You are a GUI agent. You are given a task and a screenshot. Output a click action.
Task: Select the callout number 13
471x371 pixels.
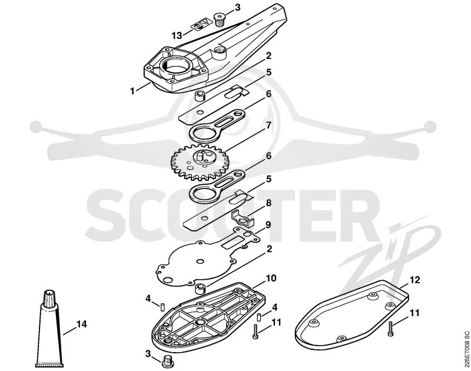177,35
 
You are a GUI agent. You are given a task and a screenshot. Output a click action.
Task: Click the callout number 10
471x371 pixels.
271,278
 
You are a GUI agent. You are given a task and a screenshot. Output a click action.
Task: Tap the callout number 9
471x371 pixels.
267,225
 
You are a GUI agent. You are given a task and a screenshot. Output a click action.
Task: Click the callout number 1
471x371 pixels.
132,91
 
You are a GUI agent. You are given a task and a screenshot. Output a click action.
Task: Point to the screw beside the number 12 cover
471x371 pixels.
390,329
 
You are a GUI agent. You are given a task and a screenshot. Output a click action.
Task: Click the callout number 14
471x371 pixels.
81,324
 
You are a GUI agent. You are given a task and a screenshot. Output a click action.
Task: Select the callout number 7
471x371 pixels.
268,125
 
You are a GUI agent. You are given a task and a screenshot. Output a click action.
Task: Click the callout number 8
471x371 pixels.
268,203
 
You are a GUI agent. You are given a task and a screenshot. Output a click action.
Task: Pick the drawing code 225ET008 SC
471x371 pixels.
466,349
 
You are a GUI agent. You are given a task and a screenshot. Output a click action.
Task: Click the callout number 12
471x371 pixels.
414,280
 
